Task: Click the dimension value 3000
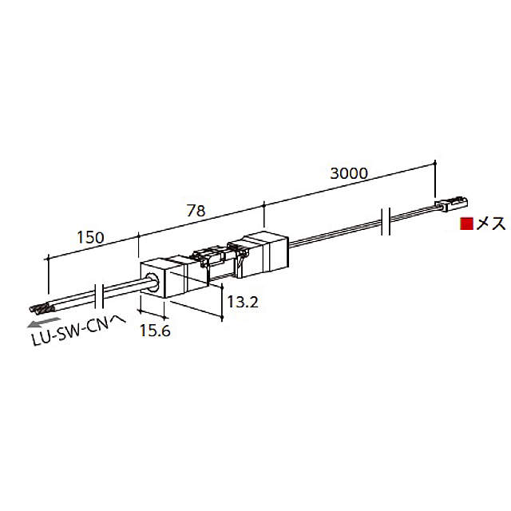pos(349,173)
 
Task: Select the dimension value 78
pos(196,211)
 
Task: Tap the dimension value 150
pos(90,237)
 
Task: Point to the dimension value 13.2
pos(243,302)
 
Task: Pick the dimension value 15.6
pos(155,331)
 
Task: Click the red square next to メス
pos(466,224)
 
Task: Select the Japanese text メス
pos(491,224)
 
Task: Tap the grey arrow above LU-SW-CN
pos(44,323)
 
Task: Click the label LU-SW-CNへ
pos(78,331)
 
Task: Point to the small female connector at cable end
pos(451,204)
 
